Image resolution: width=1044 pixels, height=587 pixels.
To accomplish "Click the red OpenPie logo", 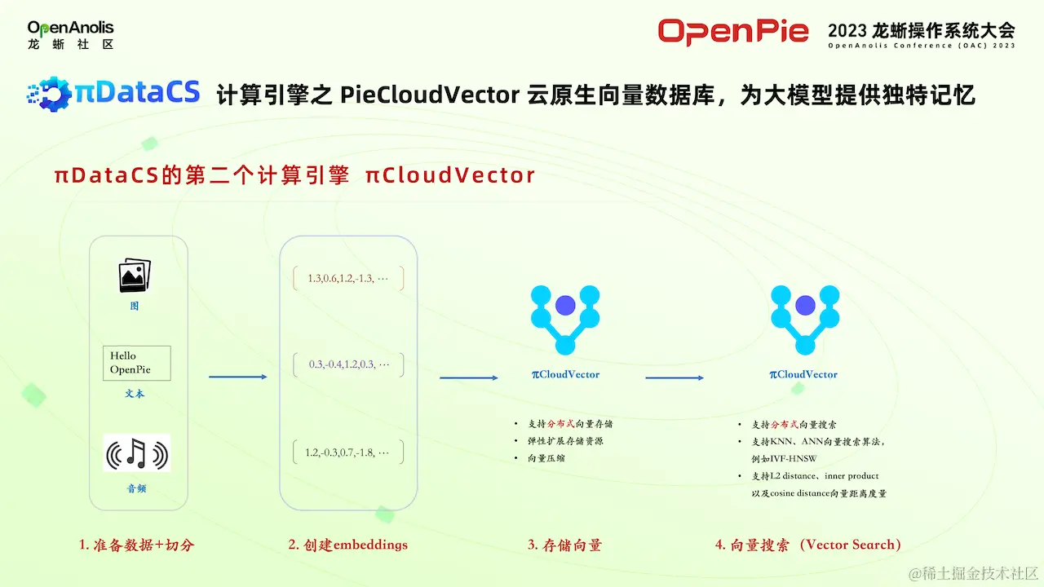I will [x=732, y=32].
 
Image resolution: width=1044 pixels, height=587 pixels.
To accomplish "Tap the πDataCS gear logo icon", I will [x=51, y=94].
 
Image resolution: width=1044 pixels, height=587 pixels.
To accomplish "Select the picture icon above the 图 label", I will [x=135, y=276].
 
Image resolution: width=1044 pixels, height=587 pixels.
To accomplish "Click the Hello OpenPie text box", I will [x=136, y=363].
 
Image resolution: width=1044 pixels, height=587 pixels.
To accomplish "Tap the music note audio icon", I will [x=136, y=452].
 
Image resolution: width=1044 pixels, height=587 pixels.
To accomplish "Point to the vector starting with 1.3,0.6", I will [x=347, y=279].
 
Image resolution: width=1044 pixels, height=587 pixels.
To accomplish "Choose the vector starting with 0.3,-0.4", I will [x=348, y=365].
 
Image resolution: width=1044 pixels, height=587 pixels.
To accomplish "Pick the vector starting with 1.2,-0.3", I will [x=347, y=452].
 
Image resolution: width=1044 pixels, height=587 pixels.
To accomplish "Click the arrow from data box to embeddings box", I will [x=238, y=377].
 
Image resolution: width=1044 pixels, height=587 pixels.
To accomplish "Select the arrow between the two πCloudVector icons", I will [x=675, y=377].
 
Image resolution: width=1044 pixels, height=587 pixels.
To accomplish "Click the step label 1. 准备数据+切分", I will [x=136, y=545].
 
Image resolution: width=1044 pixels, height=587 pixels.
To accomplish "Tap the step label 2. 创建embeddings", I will [x=347, y=545].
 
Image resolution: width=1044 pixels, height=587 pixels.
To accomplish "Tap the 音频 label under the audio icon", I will [x=136, y=489].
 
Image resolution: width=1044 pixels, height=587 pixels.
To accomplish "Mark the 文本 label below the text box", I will [x=135, y=394].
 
